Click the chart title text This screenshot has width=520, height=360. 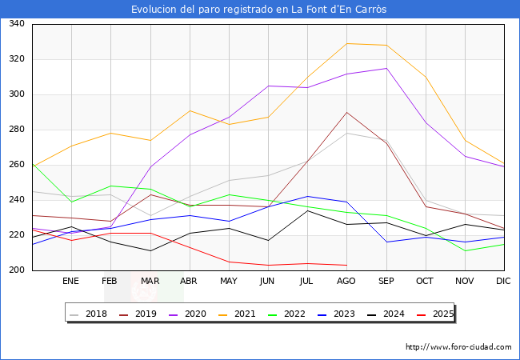tap(260, 10)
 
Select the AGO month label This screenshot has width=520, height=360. tap(346, 281)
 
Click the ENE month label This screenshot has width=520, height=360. tap(71, 281)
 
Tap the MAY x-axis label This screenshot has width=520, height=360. tap(229, 281)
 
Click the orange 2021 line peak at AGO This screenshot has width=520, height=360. tap(346, 43)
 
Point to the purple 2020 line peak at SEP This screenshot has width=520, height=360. tap(386, 68)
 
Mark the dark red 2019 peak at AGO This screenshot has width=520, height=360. tap(346, 112)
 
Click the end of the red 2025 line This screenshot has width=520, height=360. tap(346, 265)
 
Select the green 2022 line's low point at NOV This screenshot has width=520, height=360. tap(465, 250)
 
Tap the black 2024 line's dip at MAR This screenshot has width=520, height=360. tap(150, 250)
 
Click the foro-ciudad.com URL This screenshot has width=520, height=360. tap(458, 347)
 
